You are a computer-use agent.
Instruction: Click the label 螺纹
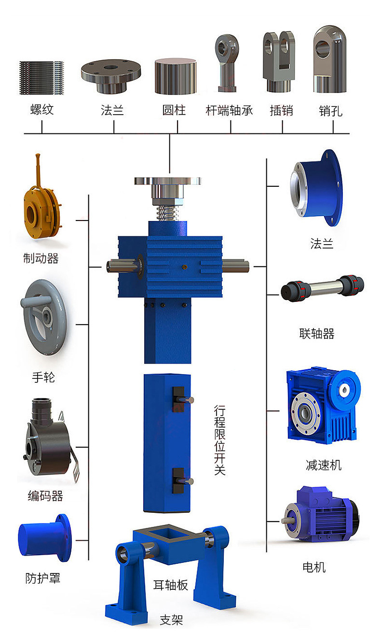pyautogui.click(x=42, y=109)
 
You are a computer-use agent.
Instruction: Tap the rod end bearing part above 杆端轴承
pyautogui.click(x=227, y=63)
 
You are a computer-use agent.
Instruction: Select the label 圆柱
pyautogui.click(x=174, y=110)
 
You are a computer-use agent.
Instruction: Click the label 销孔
pyautogui.click(x=330, y=111)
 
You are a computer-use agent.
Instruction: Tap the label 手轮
pyautogui.click(x=43, y=378)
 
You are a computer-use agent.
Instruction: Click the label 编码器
pyautogui.click(x=45, y=496)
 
